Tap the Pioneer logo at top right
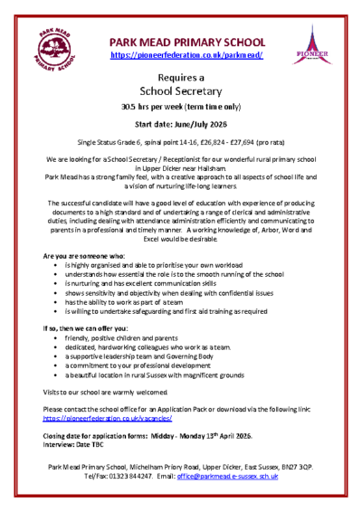point(311,45)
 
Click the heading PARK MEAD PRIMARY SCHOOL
point(186,42)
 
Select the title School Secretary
point(181,91)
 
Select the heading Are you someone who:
point(79,257)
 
